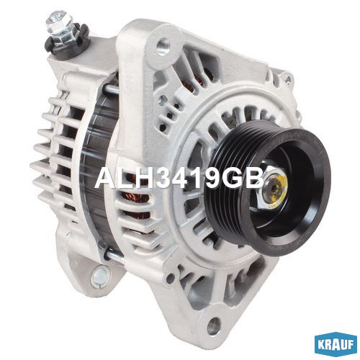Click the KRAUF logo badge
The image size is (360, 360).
click(x=336, y=345)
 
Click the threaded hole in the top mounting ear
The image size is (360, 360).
click(x=163, y=45)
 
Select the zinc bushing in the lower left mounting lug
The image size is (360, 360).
click(x=99, y=276)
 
